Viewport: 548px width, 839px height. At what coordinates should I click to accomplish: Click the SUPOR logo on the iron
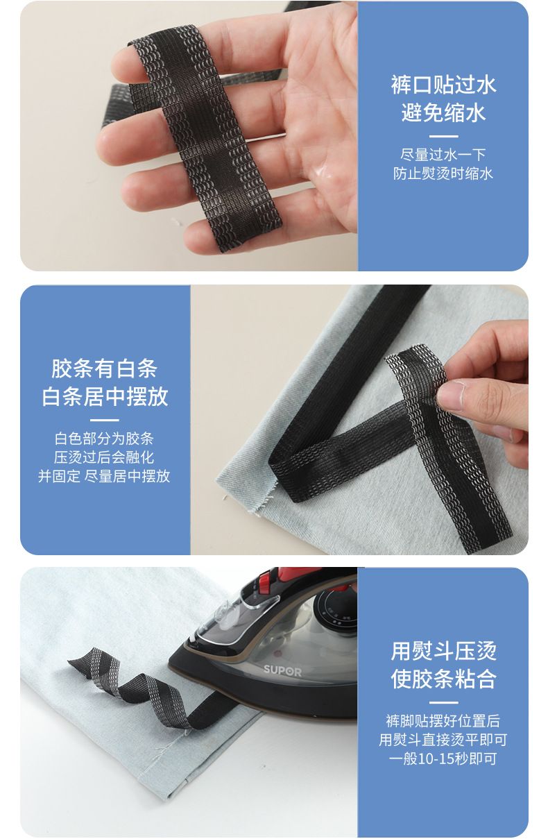click(282, 670)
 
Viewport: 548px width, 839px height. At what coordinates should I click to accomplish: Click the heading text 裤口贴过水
click(443, 85)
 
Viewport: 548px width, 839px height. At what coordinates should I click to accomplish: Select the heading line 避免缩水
click(443, 112)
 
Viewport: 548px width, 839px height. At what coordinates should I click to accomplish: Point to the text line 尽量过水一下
click(443, 154)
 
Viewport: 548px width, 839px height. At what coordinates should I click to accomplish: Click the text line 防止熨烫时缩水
click(443, 173)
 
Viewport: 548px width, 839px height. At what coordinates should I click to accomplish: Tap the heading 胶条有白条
click(105, 368)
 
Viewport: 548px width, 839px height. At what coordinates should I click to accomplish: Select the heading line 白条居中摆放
click(105, 397)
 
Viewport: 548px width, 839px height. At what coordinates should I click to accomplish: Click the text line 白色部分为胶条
click(105, 439)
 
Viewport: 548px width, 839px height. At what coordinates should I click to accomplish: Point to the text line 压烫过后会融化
click(105, 457)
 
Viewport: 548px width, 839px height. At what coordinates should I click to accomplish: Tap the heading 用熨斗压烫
click(443, 652)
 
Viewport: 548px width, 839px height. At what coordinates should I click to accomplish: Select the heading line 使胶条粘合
click(443, 679)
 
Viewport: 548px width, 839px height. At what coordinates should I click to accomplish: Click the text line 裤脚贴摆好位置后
click(443, 721)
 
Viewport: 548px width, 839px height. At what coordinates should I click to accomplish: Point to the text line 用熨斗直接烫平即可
click(443, 740)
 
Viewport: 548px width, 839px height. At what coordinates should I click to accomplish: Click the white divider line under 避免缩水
click(443, 136)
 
